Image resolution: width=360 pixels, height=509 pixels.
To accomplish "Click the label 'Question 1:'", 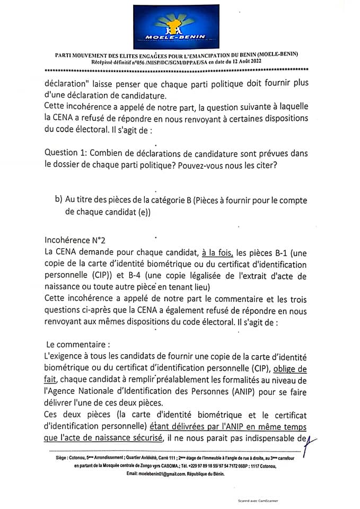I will [x=66, y=153].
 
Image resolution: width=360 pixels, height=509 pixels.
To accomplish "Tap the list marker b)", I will [x=58, y=200].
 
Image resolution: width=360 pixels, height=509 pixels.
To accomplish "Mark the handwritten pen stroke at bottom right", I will [x=303, y=439].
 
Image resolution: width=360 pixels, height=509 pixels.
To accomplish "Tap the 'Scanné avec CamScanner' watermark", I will [x=259, y=500].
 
